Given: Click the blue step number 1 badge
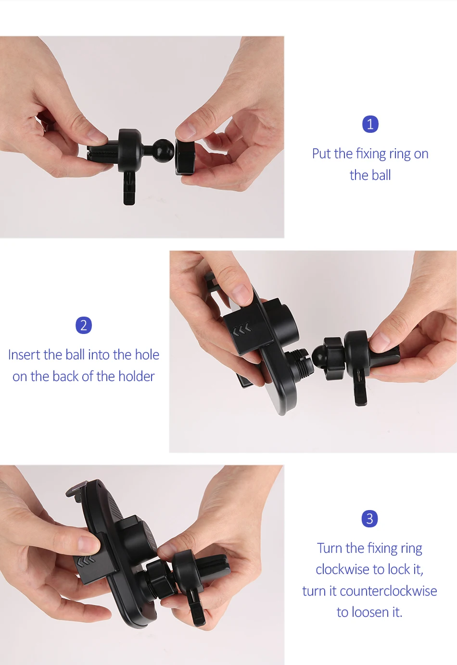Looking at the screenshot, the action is coord(370,124).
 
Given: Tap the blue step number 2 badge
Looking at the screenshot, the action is coord(84,325).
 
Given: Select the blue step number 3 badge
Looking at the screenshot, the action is coord(370,519).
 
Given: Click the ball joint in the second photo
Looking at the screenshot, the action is coord(319,355).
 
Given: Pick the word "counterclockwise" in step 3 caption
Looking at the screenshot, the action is coord(388,591).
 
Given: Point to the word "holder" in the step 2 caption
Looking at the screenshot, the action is coord(137,376).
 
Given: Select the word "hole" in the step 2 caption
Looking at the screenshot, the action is coord(147,355).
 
